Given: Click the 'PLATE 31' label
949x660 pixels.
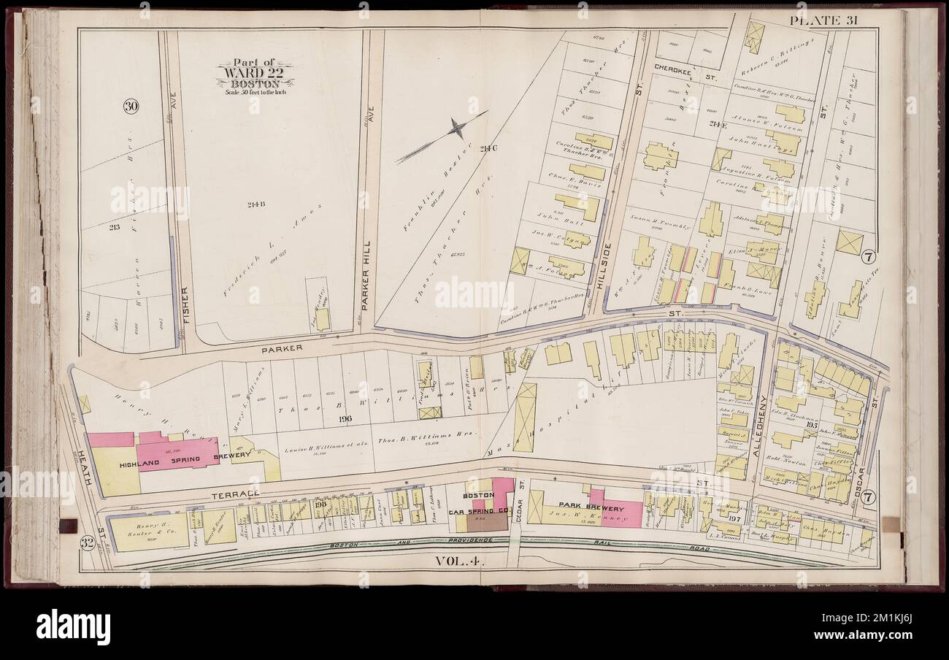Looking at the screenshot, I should point(823,20).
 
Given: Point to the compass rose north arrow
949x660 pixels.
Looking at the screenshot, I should point(457,130).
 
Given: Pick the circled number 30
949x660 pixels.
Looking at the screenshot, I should point(131,107).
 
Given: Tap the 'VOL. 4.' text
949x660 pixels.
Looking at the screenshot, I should point(460,561).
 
